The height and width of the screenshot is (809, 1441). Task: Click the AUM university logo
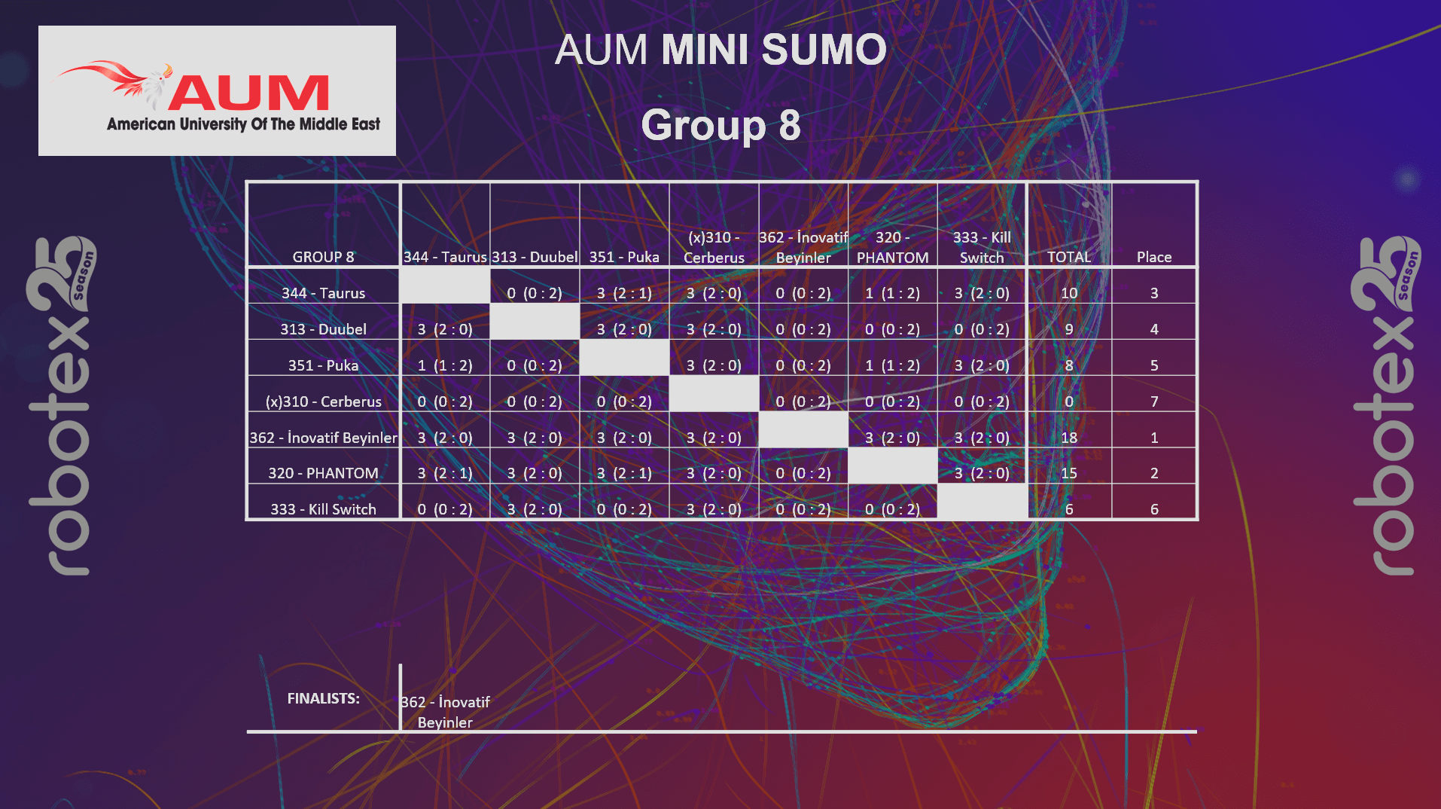click(217, 91)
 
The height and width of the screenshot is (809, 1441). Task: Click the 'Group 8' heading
click(720, 125)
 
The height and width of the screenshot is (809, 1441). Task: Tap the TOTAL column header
click(1068, 257)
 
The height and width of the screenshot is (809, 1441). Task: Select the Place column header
click(1153, 257)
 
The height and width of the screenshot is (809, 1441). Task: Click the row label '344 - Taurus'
click(323, 293)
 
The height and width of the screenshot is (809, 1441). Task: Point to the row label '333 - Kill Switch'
click(323, 509)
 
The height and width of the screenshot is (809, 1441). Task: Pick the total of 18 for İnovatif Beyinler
click(1068, 438)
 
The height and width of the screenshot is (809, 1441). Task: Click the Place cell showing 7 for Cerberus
click(1153, 401)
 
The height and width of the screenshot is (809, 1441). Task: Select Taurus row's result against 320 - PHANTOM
click(892, 293)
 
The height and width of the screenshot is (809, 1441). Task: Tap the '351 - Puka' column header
click(624, 257)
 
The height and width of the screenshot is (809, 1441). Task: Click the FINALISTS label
click(323, 698)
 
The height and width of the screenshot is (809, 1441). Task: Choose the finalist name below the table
click(445, 712)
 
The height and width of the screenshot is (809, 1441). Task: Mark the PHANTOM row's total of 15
click(1068, 473)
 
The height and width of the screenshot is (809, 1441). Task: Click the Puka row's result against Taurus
click(445, 365)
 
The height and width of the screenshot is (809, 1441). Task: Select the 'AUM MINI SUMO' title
click(720, 50)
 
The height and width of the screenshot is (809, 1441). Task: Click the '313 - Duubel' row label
click(323, 329)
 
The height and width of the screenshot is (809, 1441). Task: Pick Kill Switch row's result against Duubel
click(535, 509)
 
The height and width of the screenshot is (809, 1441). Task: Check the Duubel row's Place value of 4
click(1153, 329)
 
